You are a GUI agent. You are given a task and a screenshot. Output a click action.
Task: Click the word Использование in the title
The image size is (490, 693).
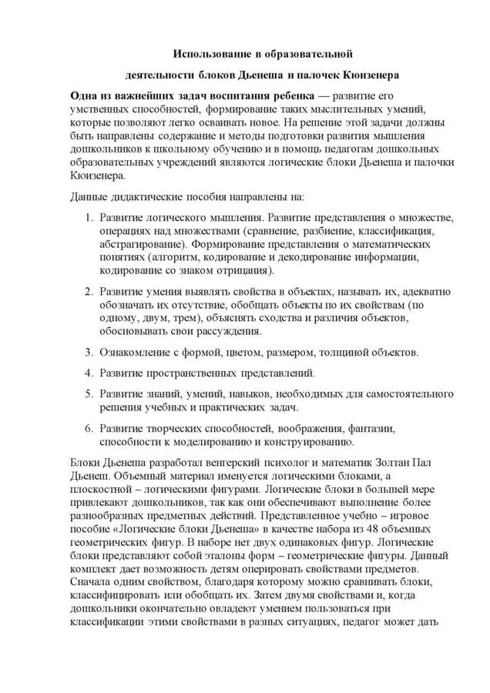click(210, 54)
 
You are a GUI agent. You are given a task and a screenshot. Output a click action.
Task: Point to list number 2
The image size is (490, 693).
click(89, 292)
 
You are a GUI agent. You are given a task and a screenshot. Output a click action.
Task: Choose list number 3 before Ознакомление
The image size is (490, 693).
click(89, 352)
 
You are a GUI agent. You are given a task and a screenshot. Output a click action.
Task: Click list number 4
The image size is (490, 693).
click(89, 373)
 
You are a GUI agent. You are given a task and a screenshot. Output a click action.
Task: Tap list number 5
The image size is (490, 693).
click(89, 394)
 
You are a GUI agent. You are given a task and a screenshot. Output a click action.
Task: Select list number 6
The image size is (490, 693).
click(89, 428)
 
